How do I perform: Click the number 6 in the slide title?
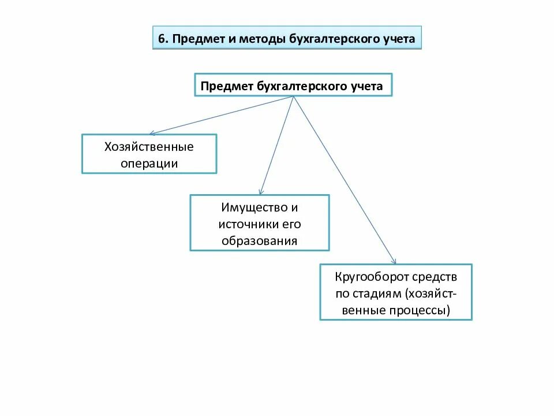tap(162, 39)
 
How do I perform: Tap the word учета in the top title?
tap(396, 39)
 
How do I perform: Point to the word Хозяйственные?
tap(149, 147)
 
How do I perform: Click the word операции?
tap(149, 164)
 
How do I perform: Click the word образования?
tap(260, 240)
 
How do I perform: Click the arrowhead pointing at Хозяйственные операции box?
tap(151, 133)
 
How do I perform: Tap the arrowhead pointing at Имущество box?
tap(261, 192)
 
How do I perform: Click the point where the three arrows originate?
tap(294, 96)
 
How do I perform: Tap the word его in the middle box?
tap(291, 224)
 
